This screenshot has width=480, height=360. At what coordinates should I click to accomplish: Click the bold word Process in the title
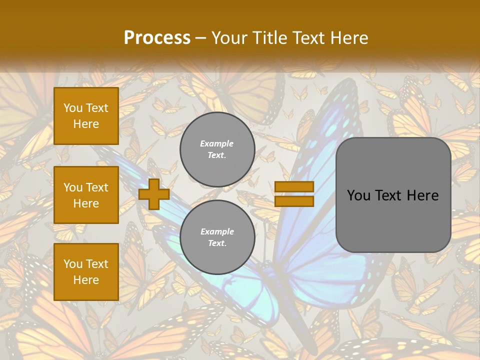(157, 38)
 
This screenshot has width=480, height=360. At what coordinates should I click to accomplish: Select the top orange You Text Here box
(86, 116)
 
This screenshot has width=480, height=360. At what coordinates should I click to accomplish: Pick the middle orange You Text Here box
(86, 195)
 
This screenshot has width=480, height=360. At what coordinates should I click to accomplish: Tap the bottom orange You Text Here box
(86, 272)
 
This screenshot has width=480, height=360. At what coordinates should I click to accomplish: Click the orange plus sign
(154, 194)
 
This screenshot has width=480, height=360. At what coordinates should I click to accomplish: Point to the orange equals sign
(294, 194)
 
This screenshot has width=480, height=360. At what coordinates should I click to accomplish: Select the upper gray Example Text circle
(217, 149)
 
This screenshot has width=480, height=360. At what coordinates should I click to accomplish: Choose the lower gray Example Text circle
(217, 237)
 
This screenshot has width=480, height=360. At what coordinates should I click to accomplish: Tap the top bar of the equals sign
(294, 187)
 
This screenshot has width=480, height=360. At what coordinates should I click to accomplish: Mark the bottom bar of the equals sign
(294, 201)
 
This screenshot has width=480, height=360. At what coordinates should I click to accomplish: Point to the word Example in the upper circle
(217, 143)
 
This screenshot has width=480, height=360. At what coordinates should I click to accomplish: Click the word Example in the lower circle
(217, 231)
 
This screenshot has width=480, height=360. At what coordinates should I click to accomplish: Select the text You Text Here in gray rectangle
(393, 195)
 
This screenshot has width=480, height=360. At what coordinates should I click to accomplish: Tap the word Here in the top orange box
(86, 124)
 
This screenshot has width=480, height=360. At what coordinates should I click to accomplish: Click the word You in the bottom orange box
(72, 263)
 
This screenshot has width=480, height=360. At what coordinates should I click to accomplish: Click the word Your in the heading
(229, 38)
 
